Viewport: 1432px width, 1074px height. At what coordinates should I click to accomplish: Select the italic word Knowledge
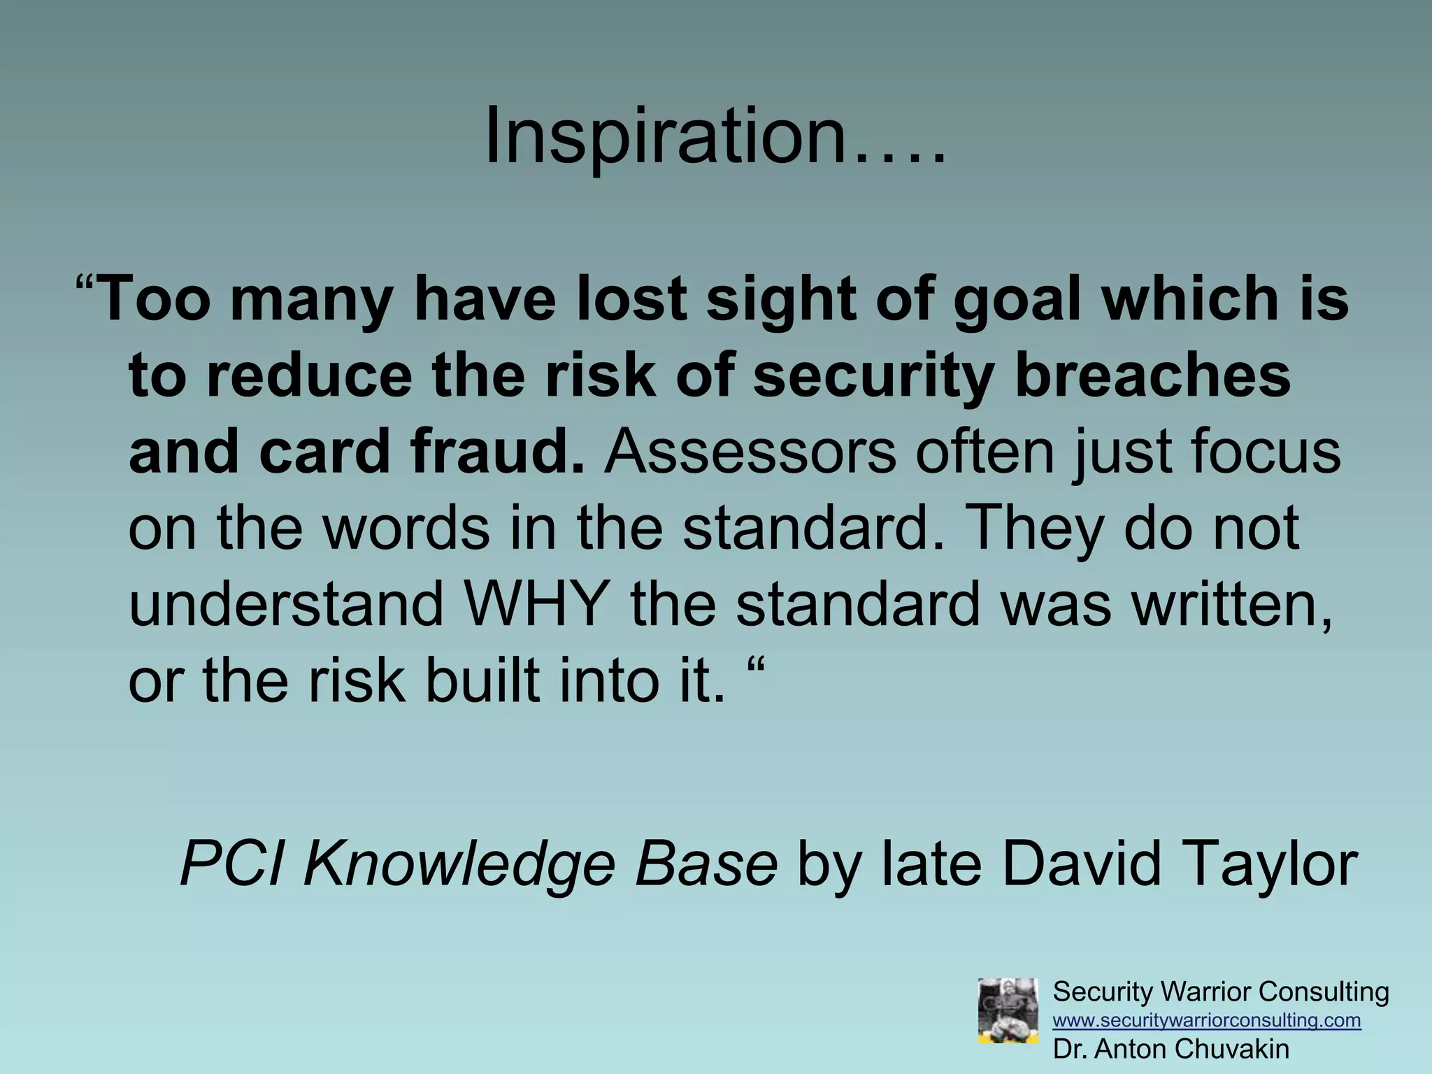point(461,865)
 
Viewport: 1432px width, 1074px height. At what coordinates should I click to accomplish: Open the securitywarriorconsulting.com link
point(1207,1020)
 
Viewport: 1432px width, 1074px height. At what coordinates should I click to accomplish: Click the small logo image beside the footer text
point(1008,1010)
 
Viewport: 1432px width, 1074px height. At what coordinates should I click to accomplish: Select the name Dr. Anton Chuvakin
point(1171,1049)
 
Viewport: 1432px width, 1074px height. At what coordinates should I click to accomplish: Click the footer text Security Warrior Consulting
point(1220,991)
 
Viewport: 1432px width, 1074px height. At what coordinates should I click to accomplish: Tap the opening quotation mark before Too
point(85,288)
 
